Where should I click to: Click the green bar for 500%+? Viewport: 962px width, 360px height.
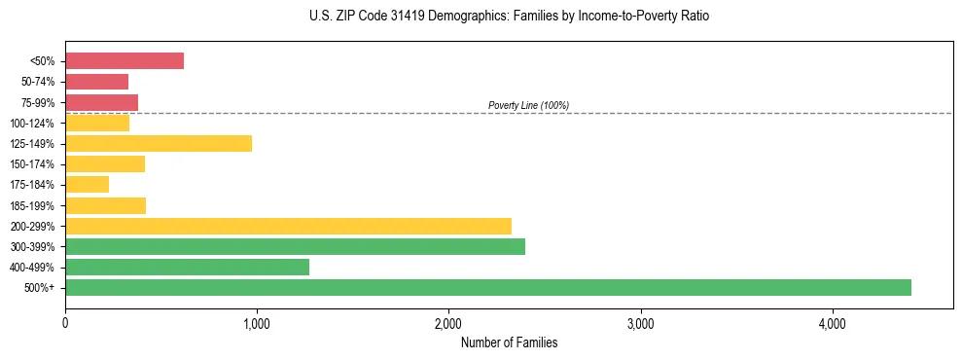(488, 287)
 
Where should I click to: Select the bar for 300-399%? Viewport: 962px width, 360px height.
(295, 246)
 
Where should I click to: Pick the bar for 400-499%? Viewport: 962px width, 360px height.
(187, 267)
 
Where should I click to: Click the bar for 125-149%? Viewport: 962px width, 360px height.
(159, 143)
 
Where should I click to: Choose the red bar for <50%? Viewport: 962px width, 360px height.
(125, 61)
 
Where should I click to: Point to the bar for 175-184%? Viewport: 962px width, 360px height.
(87, 185)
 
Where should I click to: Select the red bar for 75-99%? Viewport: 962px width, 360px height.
(101, 102)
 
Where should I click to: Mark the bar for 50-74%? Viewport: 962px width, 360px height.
(96, 82)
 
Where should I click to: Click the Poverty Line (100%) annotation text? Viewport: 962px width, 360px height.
(528, 105)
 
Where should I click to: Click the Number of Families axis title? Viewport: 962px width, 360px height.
(509, 342)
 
